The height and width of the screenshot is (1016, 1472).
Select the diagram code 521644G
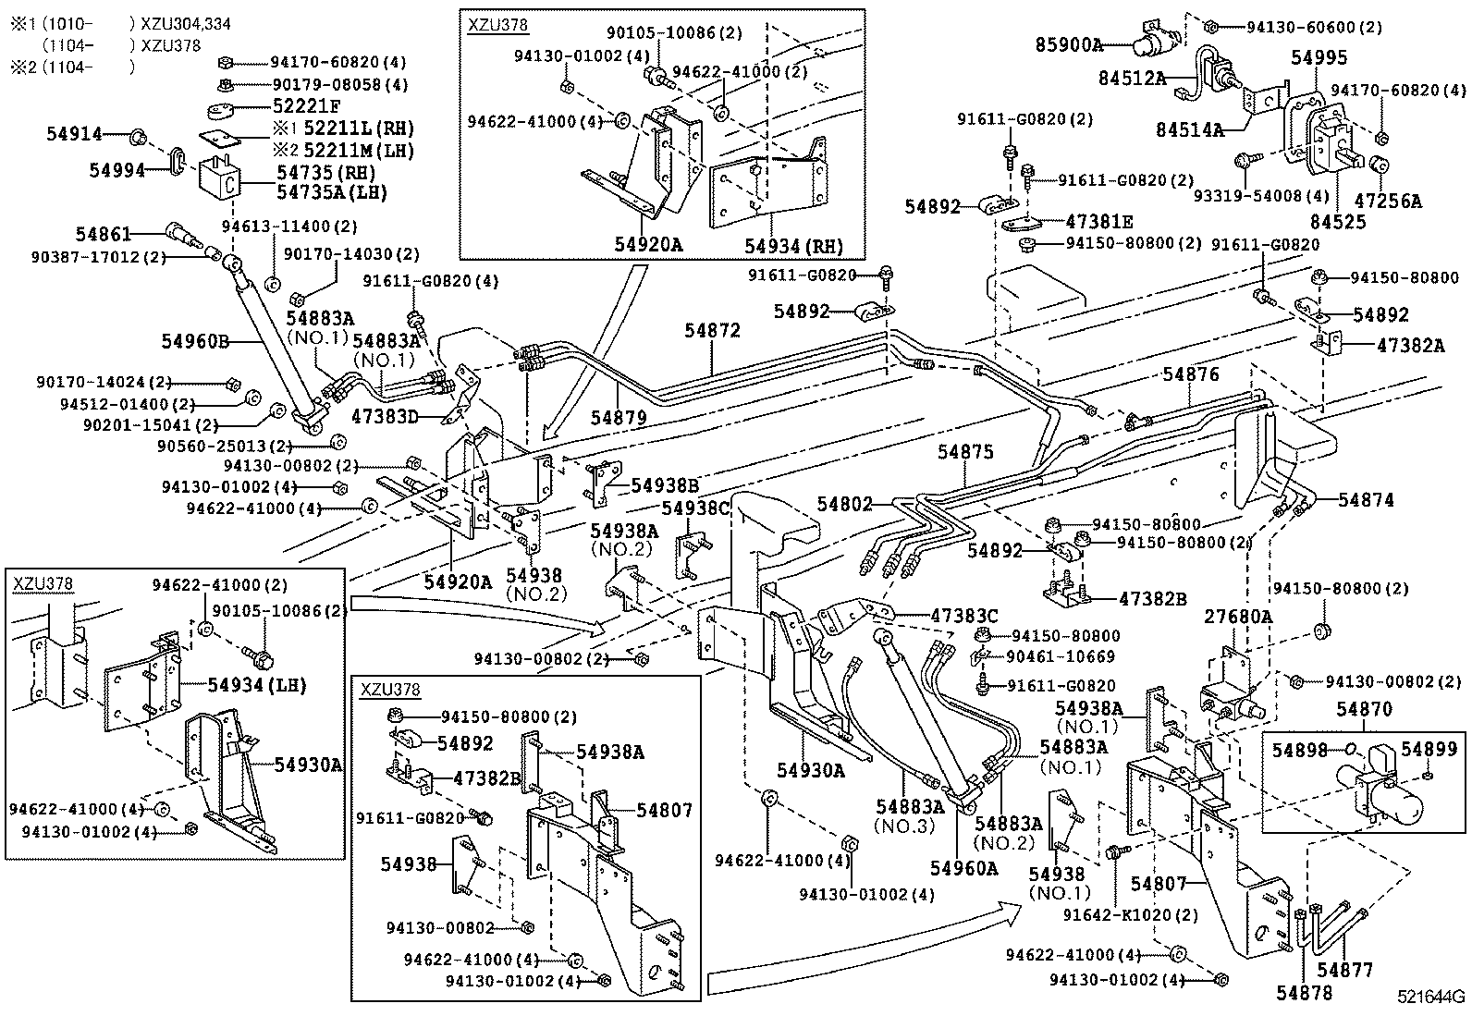tap(1431, 997)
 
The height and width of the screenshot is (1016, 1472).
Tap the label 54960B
tap(196, 341)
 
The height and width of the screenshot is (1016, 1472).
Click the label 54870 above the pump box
tap(1364, 709)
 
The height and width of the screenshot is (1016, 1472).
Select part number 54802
tap(844, 504)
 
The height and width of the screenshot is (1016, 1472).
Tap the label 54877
tap(1345, 970)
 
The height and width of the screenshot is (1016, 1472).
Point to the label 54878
tap(1304, 993)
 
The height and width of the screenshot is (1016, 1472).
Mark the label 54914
tap(74, 134)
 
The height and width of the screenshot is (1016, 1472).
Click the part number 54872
tap(713, 330)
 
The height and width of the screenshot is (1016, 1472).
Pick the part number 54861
tap(104, 235)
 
